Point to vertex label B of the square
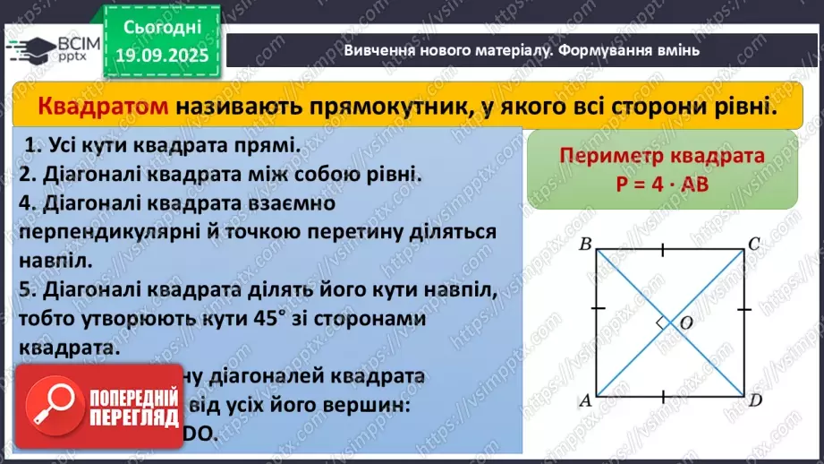coord(585,243)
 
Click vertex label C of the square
coord(754,243)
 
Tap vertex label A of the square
coord(585,401)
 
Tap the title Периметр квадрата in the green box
coord(662,156)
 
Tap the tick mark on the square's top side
coord(662,249)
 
